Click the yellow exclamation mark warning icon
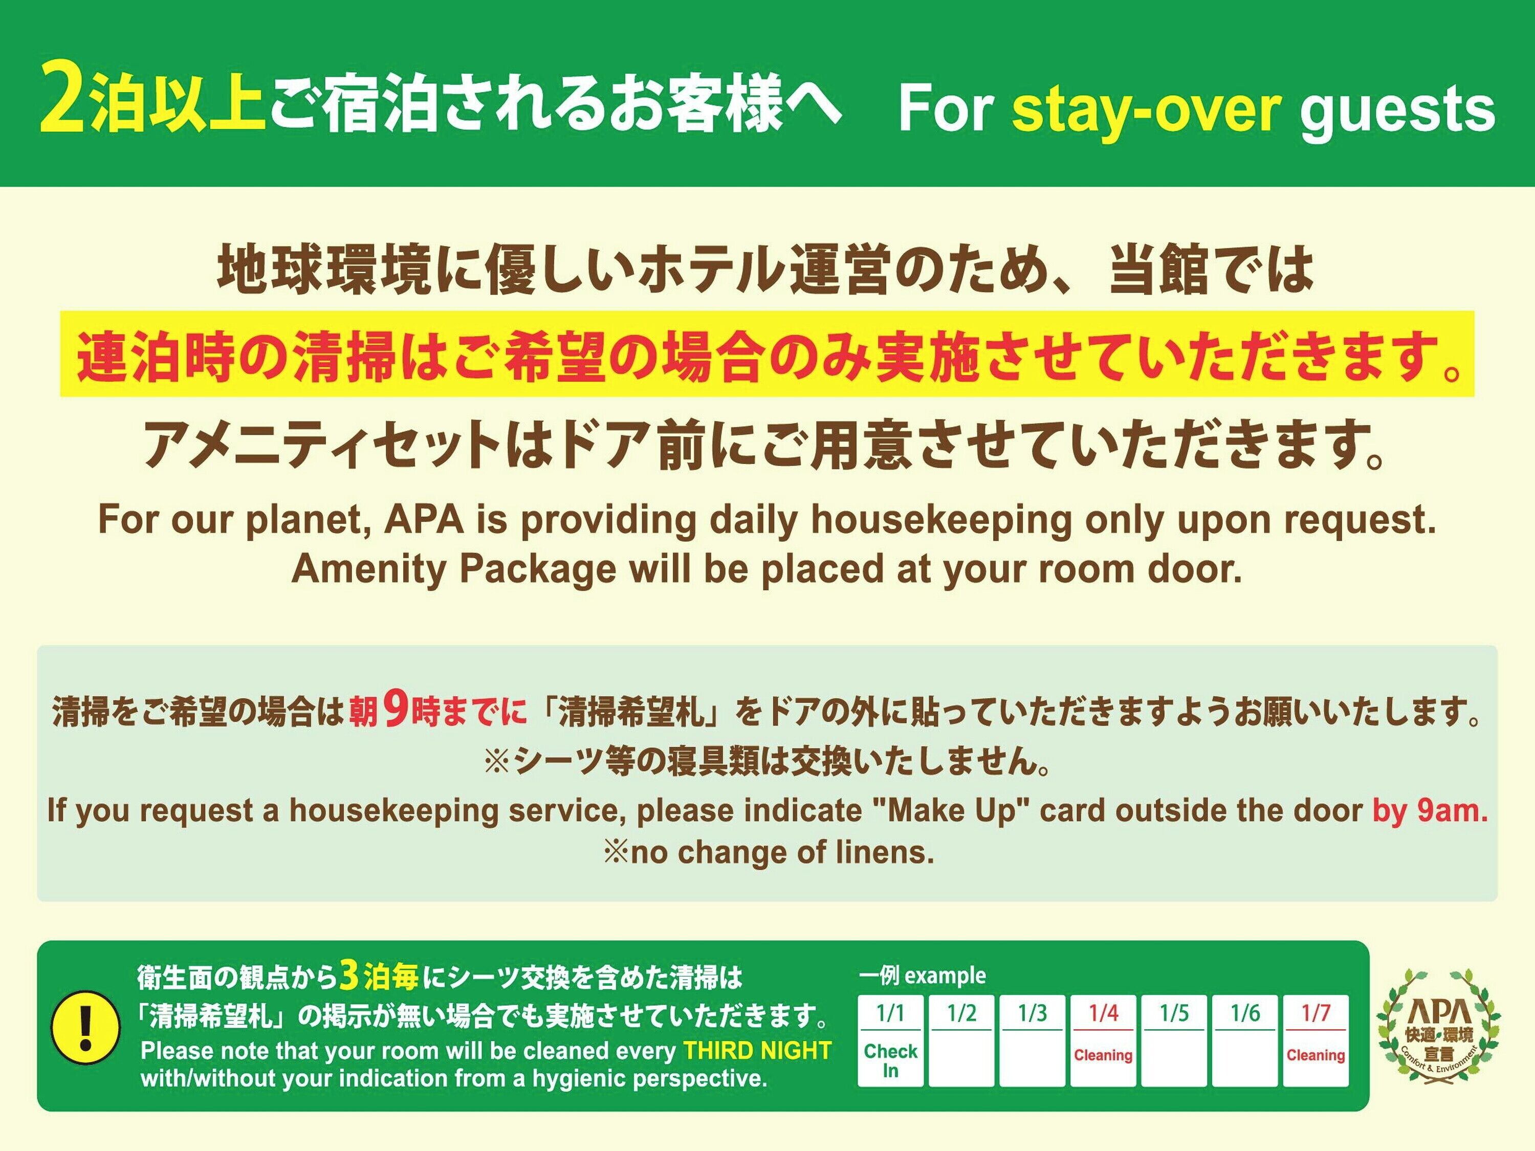tap(86, 1026)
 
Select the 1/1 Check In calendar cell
tap(890, 1041)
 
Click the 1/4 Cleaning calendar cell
tap(1103, 1041)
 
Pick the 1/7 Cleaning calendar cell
tap(1315, 1041)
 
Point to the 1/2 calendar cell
tap(961, 1041)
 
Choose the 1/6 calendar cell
tap(1245, 1041)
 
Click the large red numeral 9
tap(396, 709)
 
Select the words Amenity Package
tap(454, 569)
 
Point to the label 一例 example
tap(922, 976)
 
